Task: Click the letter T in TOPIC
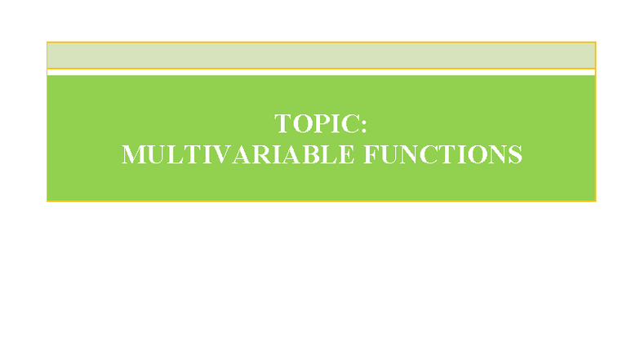(x=283, y=124)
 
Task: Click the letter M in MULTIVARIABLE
(x=133, y=154)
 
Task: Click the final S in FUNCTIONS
(x=514, y=154)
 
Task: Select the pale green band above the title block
(x=321, y=56)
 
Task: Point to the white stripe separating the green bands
(x=321, y=72)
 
